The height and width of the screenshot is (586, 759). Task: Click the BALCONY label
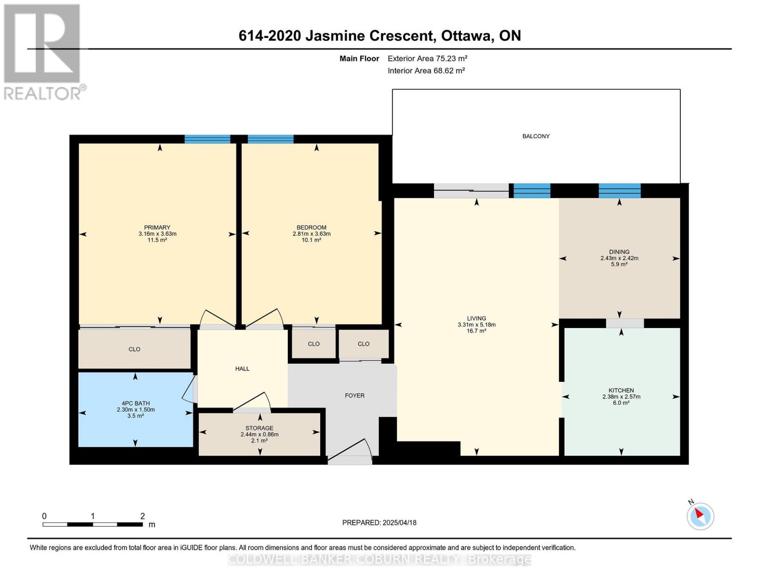click(x=536, y=136)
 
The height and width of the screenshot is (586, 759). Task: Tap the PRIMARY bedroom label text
click(x=157, y=228)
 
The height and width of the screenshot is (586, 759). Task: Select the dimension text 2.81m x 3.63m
click(x=311, y=234)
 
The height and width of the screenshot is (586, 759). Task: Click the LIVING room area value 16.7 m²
click(x=477, y=331)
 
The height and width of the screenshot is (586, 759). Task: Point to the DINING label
click(x=619, y=252)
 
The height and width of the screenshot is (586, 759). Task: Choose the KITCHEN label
click(x=621, y=391)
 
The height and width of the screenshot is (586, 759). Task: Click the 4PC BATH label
click(x=135, y=403)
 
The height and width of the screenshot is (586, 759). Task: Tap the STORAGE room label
click(x=259, y=428)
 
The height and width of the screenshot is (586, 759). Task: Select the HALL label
click(x=242, y=369)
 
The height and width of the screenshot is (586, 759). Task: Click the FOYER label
click(x=354, y=396)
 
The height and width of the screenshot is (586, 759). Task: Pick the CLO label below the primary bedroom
click(x=134, y=349)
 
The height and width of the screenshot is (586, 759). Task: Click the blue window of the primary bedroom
click(x=207, y=139)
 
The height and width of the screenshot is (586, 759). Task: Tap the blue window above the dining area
click(x=620, y=191)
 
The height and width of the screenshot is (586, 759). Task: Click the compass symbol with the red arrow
click(x=700, y=516)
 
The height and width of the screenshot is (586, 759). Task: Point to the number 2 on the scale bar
click(x=143, y=516)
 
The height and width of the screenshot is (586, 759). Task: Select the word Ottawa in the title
click(x=467, y=36)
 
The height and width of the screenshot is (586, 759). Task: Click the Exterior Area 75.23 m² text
click(x=428, y=59)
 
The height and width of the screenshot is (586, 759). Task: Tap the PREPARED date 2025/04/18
click(x=400, y=523)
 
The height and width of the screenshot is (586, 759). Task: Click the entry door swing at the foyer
click(x=350, y=451)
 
